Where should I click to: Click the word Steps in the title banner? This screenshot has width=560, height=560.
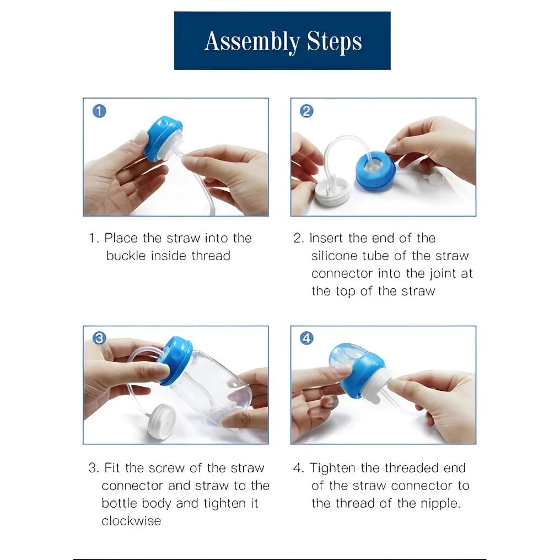point(335,42)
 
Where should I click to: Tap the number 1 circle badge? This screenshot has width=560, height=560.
point(99,111)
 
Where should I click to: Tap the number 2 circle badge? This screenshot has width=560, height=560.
point(306,111)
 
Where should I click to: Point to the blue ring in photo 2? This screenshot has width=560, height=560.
point(375,171)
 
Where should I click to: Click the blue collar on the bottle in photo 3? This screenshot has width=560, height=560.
point(176,360)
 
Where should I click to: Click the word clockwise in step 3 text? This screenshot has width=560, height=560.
point(131,521)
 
